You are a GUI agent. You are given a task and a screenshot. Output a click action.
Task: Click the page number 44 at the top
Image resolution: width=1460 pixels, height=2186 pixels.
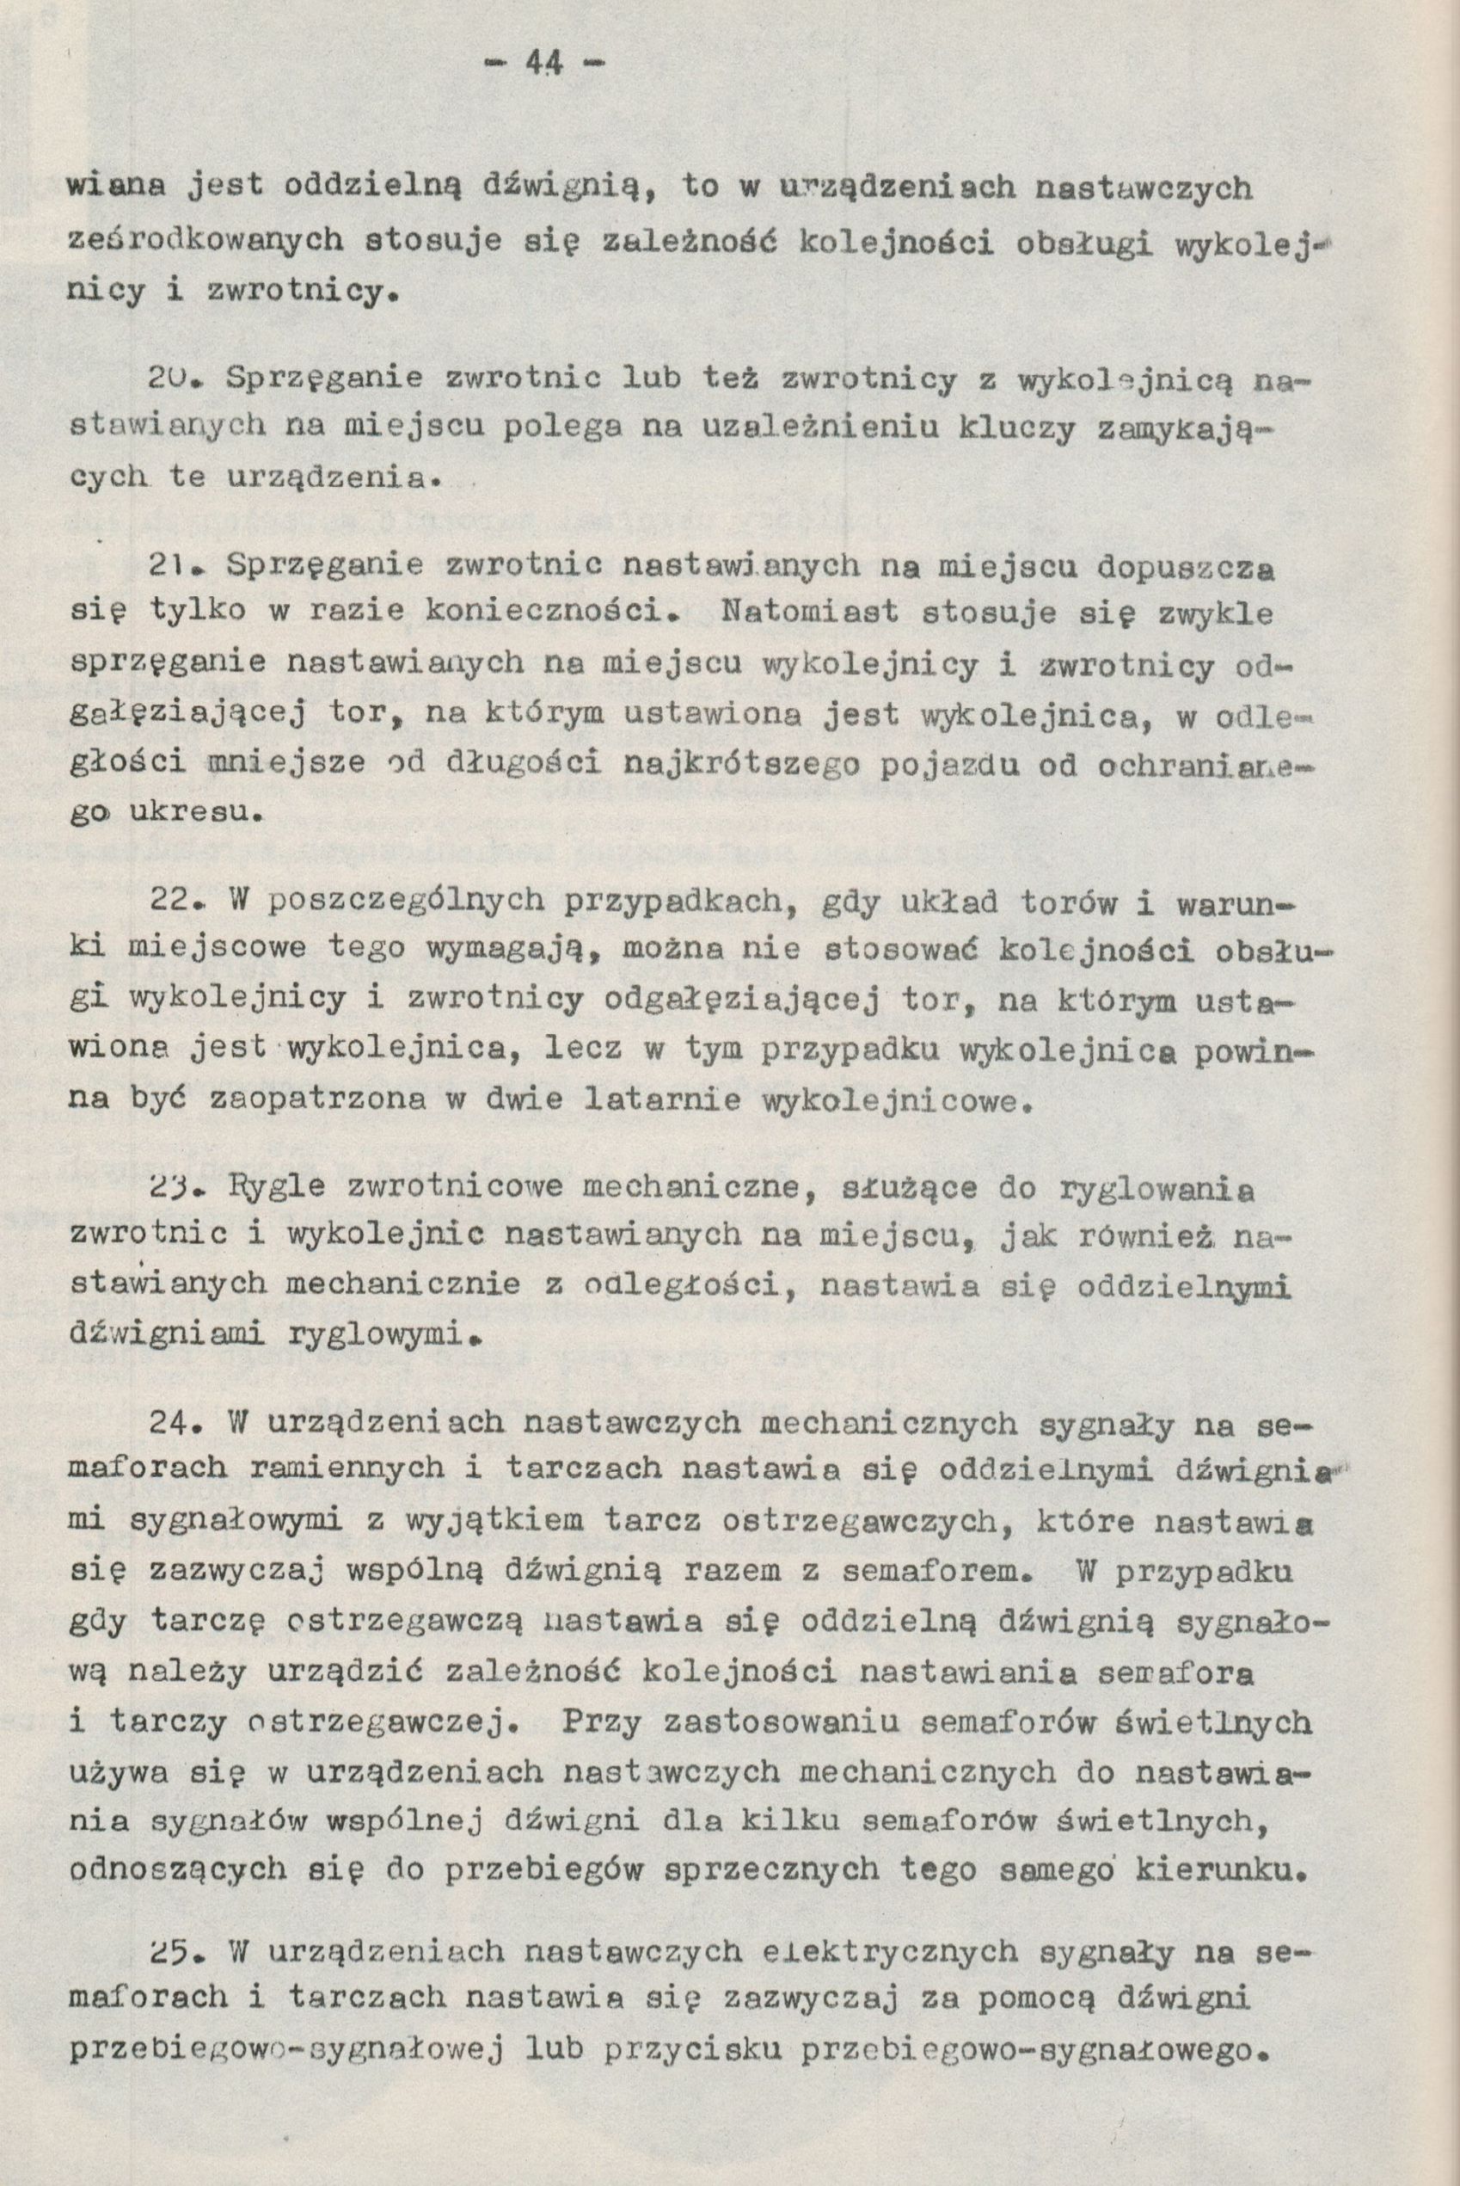(543, 64)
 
